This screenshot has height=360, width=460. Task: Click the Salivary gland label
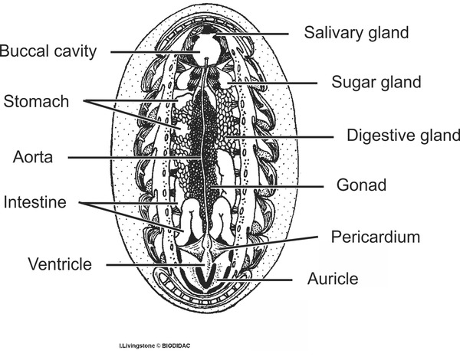click(356, 33)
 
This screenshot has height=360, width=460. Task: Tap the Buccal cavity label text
click(48, 51)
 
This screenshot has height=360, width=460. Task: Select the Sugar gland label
click(376, 83)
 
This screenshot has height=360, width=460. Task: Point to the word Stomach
click(36, 101)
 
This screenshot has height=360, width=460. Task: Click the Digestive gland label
click(403, 136)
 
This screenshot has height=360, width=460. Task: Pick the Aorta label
click(33, 157)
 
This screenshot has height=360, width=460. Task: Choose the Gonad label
click(361, 185)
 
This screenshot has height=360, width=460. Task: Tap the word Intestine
click(35, 202)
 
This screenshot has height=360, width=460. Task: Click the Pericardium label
click(376, 237)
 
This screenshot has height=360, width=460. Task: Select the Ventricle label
click(60, 264)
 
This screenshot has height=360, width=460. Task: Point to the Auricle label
click(333, 279)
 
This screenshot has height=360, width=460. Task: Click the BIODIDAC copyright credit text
click(155, 346)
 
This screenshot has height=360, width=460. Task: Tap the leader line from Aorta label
click(135, 158)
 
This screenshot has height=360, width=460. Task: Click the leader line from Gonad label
click(267, 186)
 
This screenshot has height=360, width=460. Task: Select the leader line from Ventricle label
click(156, 265)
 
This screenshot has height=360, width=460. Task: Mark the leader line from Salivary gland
click(252, 34)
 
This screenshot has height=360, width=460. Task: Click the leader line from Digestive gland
click(280, 137)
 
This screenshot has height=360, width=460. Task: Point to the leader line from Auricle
click(255, 280)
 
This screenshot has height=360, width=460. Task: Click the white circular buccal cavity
click(206, 50)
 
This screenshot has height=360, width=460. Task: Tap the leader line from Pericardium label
click(268, 242)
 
